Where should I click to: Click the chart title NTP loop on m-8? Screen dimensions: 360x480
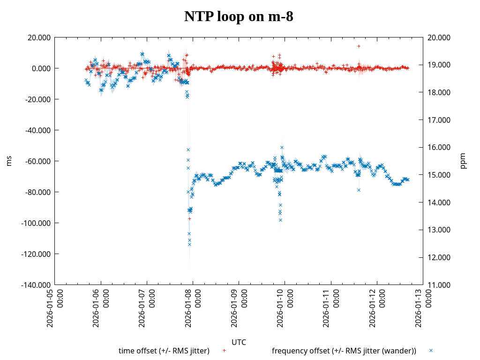(x=239, y=16)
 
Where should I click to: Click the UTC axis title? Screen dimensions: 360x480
(x=239, y=342)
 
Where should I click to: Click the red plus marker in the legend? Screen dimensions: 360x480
(x=224, y=351)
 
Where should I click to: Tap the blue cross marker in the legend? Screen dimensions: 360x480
(x=431, y=351)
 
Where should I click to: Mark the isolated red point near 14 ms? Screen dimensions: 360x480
(x=359, y=46)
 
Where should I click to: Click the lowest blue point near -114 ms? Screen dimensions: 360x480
(x=189, y=244)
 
